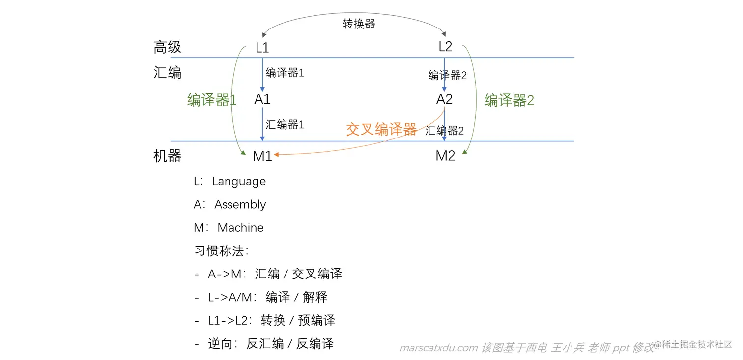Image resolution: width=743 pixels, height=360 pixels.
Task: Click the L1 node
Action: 262,48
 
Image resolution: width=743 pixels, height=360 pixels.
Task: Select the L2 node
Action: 445,47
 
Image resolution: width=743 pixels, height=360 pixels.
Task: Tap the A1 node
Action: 262,99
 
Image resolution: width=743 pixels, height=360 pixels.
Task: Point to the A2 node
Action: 444,99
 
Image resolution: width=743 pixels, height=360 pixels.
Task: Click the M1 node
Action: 262,156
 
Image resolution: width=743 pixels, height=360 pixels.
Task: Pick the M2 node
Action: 445,156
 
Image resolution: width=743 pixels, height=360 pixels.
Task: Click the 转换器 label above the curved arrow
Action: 359,24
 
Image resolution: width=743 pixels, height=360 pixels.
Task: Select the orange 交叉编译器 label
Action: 381,129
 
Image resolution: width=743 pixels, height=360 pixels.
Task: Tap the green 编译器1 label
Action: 212,100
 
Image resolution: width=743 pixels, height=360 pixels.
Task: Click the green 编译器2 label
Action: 509,101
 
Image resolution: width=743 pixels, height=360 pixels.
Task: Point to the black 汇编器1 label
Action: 285,125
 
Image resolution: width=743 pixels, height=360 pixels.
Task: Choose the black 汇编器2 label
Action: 444,131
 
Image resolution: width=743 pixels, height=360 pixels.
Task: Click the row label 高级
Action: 168,47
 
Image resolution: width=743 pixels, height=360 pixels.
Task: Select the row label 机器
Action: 168,156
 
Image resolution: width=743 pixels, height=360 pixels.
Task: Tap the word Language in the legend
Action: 239,181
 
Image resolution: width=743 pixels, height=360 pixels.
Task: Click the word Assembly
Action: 240,205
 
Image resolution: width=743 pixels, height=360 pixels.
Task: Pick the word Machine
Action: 240,228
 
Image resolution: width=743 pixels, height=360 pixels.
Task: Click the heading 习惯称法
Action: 219,251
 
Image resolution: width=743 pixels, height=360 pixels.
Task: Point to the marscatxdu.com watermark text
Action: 439,348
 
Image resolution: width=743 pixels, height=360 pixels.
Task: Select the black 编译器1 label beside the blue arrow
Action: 285,73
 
